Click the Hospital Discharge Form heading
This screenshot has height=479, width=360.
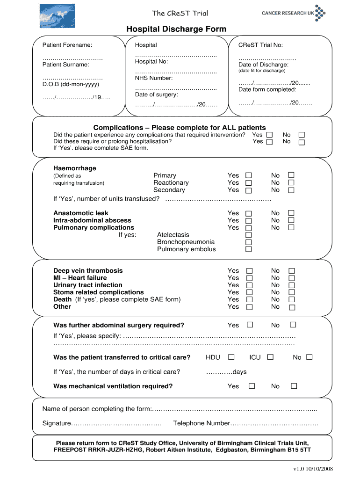click(x=176, y=29)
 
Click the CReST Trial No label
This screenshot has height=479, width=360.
click(x=260, y=45)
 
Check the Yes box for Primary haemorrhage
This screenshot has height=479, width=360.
click(x=249, y=176)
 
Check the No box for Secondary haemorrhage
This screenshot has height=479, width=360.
click(x=291, y=190)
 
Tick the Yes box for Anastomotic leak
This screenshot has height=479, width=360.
click(x=249, y=213)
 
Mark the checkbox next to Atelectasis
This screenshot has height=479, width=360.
click(x=249, y=235)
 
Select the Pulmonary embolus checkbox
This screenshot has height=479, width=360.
click(x=249, y=249)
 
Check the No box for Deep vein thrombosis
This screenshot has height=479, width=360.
click(x=292, y=271)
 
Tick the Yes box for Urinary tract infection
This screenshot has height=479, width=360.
click(x=249, y=285)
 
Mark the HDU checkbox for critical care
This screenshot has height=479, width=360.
click(x=231, y=357)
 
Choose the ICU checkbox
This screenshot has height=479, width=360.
click(x=270, y=357)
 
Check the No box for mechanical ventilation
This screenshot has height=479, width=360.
click(x=294, y=386)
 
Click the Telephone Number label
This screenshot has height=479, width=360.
click(x=202, y=423)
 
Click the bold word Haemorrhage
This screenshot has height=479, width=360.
click(x=75, y=168)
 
